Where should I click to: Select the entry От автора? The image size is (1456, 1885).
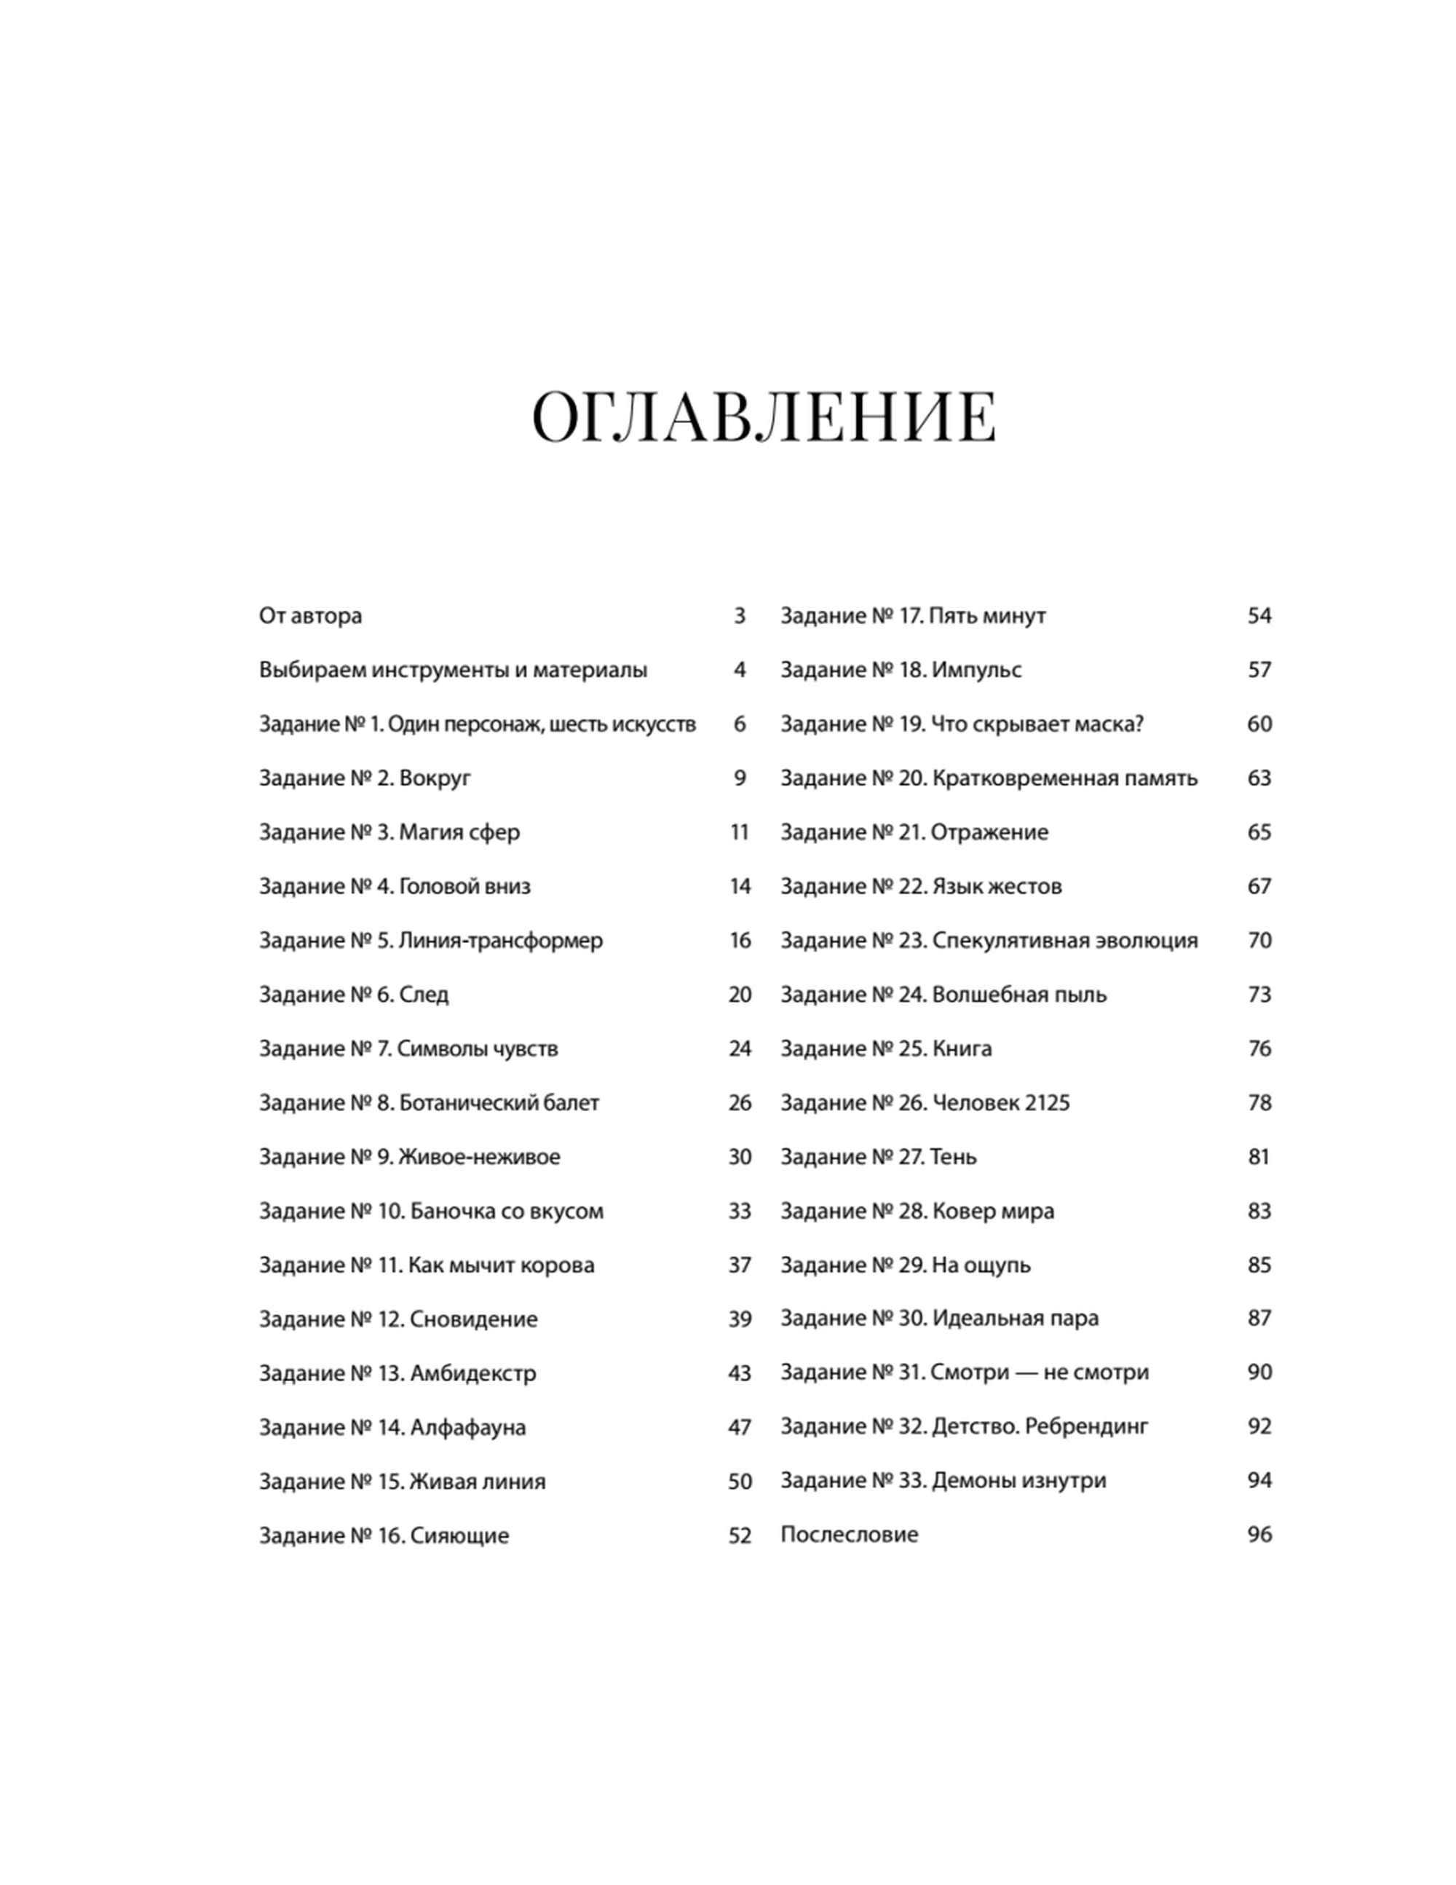pyautogui.click(x=310, y=616)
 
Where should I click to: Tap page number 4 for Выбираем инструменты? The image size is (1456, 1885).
pyautogui.click(x=739, y=670)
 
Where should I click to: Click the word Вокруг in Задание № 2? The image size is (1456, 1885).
pyautogui.click(x=435, y=778)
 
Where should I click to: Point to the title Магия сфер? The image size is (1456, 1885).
pyautogui.click(x=459, y=832)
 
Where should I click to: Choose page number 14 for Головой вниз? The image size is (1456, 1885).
pyautogui.click(x=740, y=886)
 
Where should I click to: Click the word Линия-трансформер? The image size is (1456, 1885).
pyautogui.click(x=501, y=940)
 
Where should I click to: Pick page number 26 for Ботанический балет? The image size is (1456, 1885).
pyautogui.click(x=740, y=1102)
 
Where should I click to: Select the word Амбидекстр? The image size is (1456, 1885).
pyautogui.click(x=473, y=1373)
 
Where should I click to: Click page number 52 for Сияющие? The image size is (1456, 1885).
pyautogui.click(x=740, y=1536)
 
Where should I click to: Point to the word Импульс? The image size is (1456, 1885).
pyautogui.click(x=976, y=670)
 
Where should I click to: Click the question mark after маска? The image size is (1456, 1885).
pyautogui.click(x=1139, y=724)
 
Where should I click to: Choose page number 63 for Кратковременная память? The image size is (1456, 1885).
pyautogui.click(x=1259, y=778)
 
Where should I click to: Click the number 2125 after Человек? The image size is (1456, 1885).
pyautogui.click(x=1048, y=1102)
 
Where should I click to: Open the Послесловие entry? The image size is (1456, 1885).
pyautogui.click(x=850, y=1535)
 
